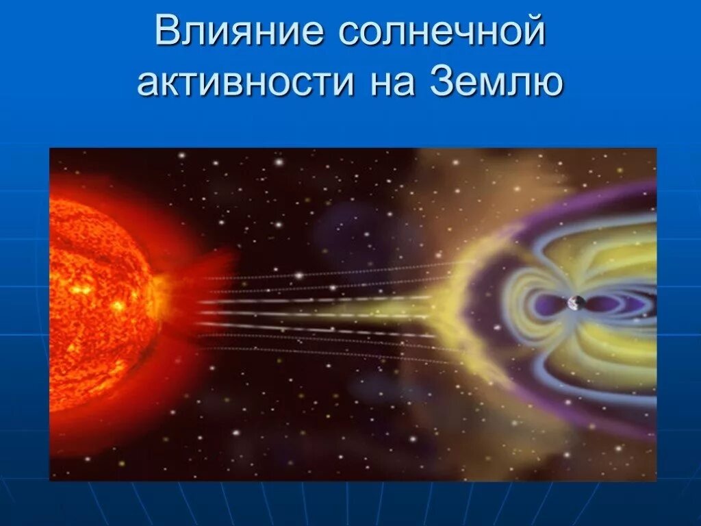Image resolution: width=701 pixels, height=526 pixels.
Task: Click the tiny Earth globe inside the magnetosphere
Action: coord(576,303)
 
